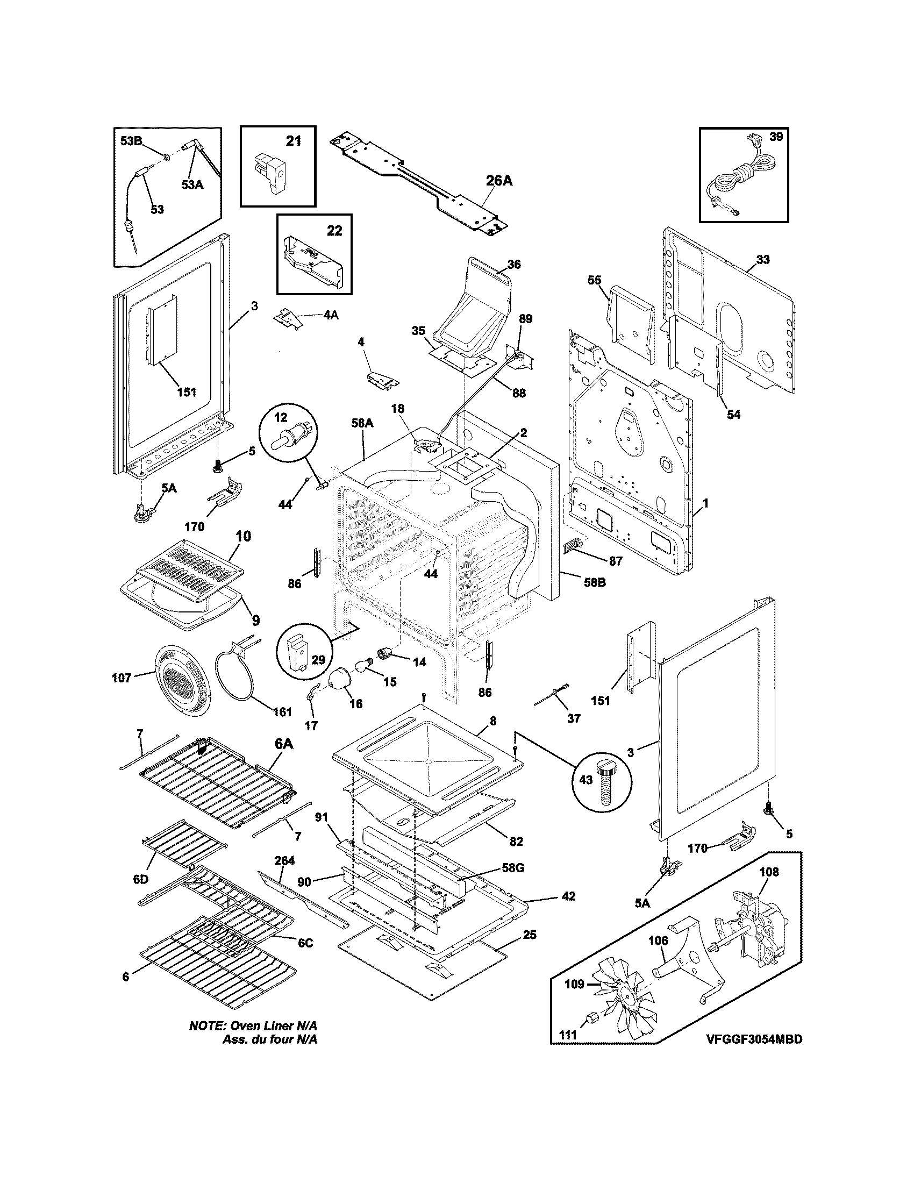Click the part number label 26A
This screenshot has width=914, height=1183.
point(498,180)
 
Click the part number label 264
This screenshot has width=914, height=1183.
point(284,860)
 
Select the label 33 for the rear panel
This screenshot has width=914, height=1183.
point(762,260)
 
